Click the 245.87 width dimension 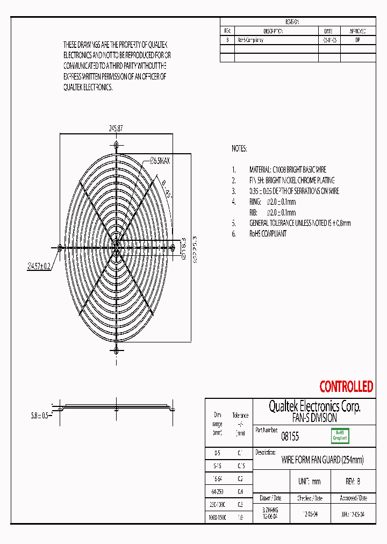(116, 128)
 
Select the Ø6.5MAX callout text (160, 161)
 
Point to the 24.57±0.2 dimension (39, 266)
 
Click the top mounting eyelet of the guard (116, 145)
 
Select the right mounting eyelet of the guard (173, 247)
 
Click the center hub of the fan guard (116, 247)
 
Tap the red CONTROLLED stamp (346, 386)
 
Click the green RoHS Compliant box (340, 435)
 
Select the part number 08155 (290, 437)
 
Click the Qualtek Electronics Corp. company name (314, 406)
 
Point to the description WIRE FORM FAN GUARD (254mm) (322, 460)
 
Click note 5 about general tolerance (299, 223)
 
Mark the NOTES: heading (239, 148)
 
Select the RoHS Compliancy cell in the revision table (250, 40)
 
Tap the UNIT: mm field (309, 482)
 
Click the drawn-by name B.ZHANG (270, 511)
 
